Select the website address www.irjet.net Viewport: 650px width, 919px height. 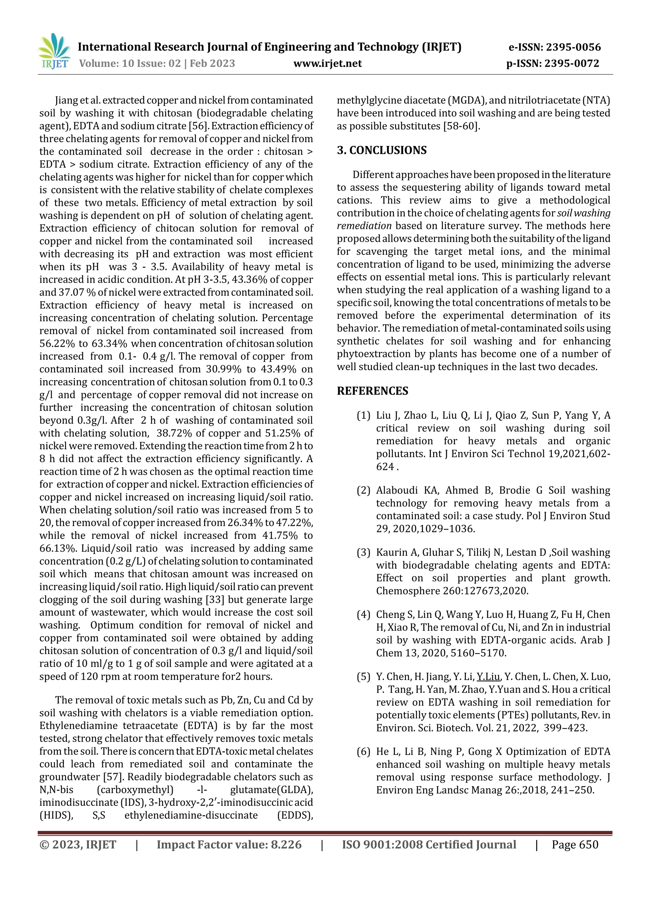[328, 63]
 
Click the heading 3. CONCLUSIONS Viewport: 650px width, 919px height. [381, 150]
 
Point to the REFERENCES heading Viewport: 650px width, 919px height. [372, 391]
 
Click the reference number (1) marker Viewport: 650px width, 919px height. [363, 415]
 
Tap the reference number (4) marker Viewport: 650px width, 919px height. [363, 614]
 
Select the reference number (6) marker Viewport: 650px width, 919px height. [363, 751]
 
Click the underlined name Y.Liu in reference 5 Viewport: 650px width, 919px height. [488, 677]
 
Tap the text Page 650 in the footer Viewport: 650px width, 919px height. [575, 844]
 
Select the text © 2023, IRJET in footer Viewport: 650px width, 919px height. [78, 844]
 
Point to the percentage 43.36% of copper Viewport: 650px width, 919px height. [253, 279]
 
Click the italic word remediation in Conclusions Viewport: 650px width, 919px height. [364, 226]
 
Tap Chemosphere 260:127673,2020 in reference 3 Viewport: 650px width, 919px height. [452, 591]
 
